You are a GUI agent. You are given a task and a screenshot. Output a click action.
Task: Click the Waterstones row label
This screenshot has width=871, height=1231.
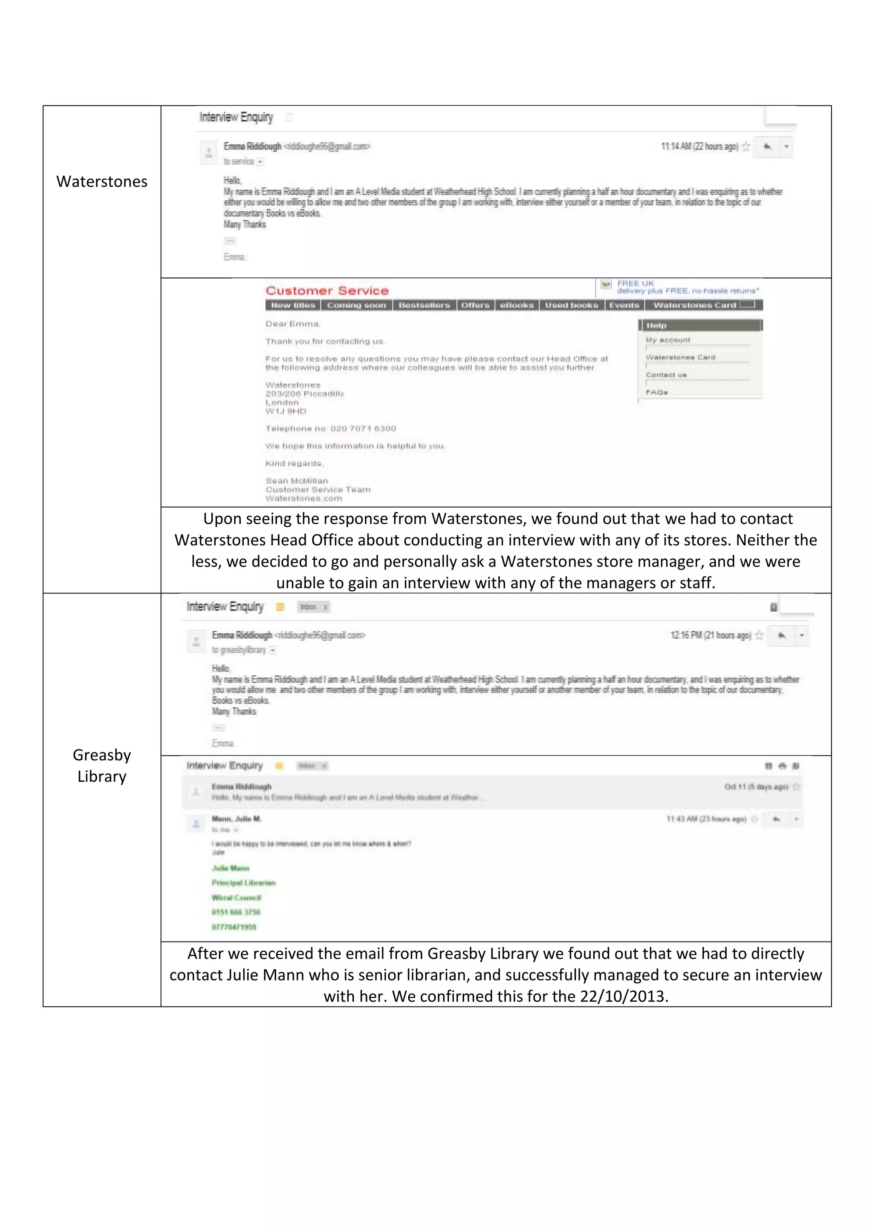(102, 182)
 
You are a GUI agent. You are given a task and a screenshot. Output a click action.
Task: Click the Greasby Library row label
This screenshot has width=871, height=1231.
(102, 765)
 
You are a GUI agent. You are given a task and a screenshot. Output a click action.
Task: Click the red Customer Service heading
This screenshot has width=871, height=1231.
(327, 291)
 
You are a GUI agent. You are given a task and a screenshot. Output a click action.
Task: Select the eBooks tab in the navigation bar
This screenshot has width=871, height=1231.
(516, 305)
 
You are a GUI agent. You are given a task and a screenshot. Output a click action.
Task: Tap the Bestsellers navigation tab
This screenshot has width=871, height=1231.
(424, 305)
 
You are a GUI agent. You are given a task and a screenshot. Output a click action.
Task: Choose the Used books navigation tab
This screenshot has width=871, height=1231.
(571, 305)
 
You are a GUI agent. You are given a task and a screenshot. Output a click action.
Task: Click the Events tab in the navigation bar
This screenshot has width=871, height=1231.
(624, 305)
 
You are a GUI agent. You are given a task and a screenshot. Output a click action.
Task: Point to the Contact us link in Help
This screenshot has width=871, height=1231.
(666, 375)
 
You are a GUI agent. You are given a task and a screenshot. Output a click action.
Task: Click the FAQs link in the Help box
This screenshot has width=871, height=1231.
(657, 392)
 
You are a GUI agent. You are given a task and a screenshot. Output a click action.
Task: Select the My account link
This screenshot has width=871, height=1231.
(668, 340)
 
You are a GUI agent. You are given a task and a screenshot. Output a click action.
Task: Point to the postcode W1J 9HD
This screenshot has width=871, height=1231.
(286, 411)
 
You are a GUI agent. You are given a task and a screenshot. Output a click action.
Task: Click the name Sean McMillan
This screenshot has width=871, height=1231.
(296, 480)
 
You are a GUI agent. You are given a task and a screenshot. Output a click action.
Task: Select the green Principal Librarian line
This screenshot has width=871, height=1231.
(244, 882)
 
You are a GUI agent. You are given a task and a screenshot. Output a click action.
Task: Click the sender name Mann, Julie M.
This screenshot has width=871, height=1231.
(236, 819)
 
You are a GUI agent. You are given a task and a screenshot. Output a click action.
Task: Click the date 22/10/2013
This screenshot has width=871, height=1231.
(622, 996)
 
